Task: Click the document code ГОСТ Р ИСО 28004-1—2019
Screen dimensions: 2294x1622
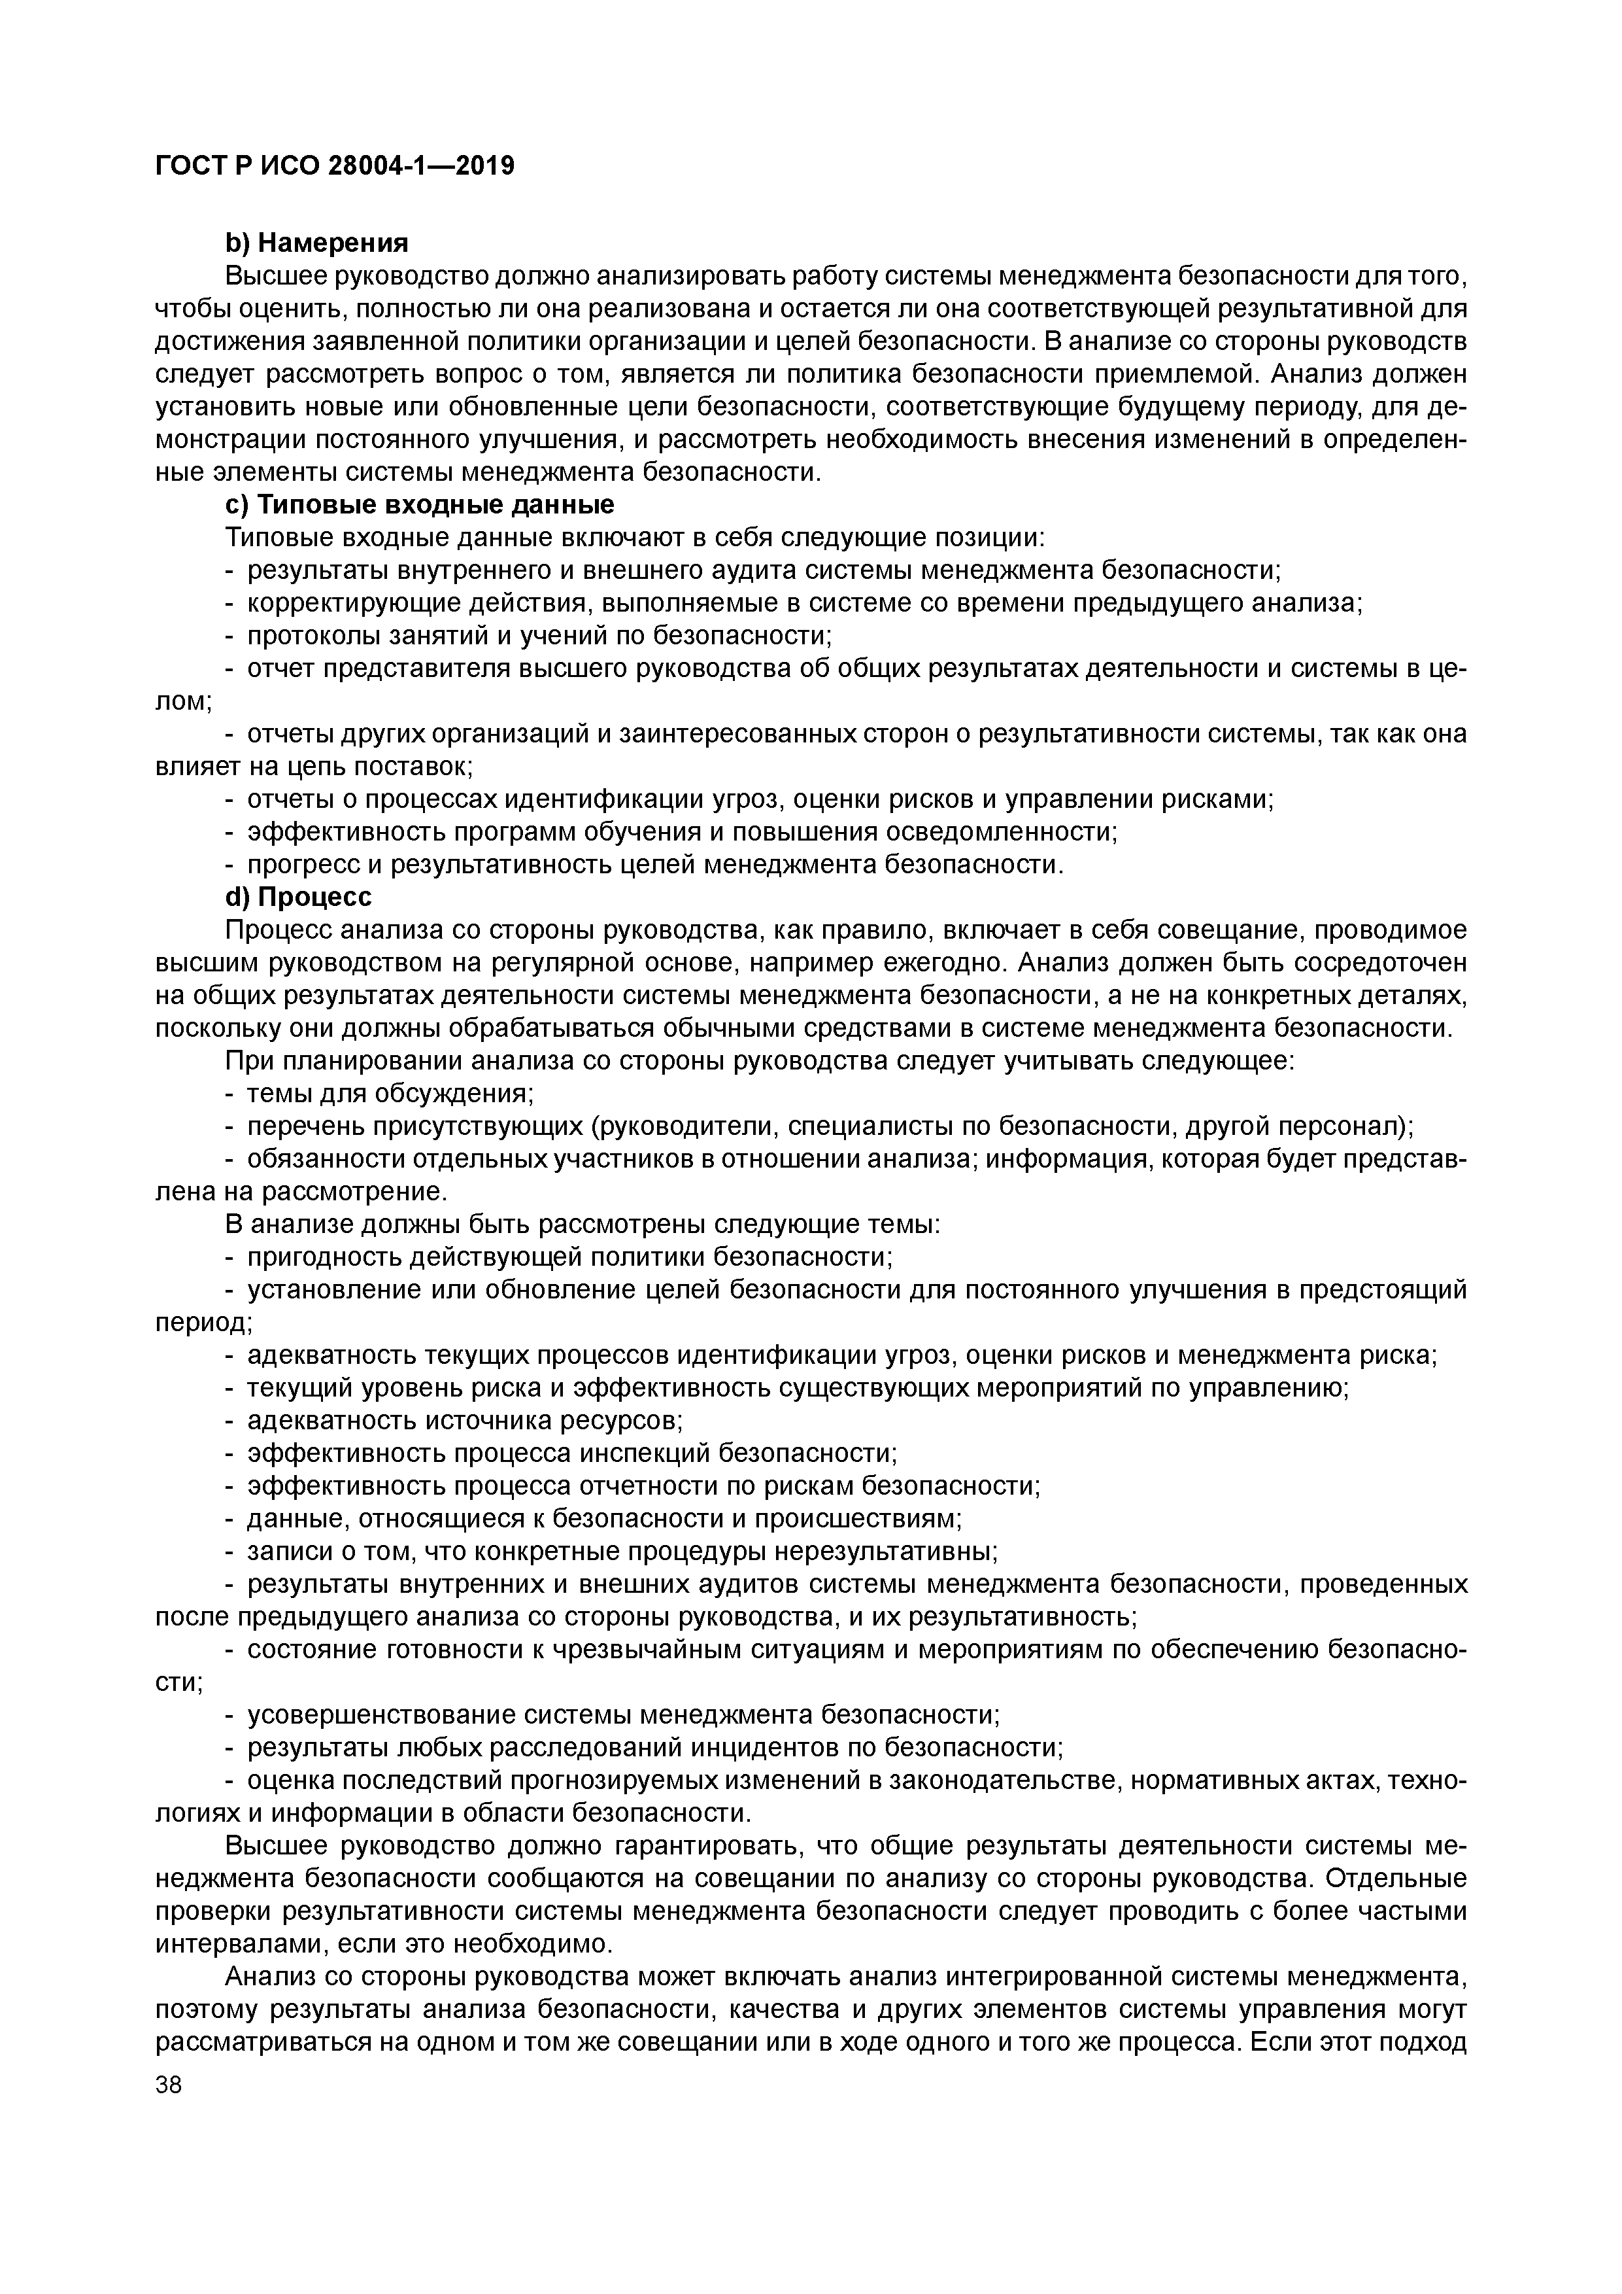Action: [335, 166]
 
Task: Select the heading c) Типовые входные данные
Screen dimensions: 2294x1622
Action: [420, 504]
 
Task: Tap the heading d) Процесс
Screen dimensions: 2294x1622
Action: [299, 896]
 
